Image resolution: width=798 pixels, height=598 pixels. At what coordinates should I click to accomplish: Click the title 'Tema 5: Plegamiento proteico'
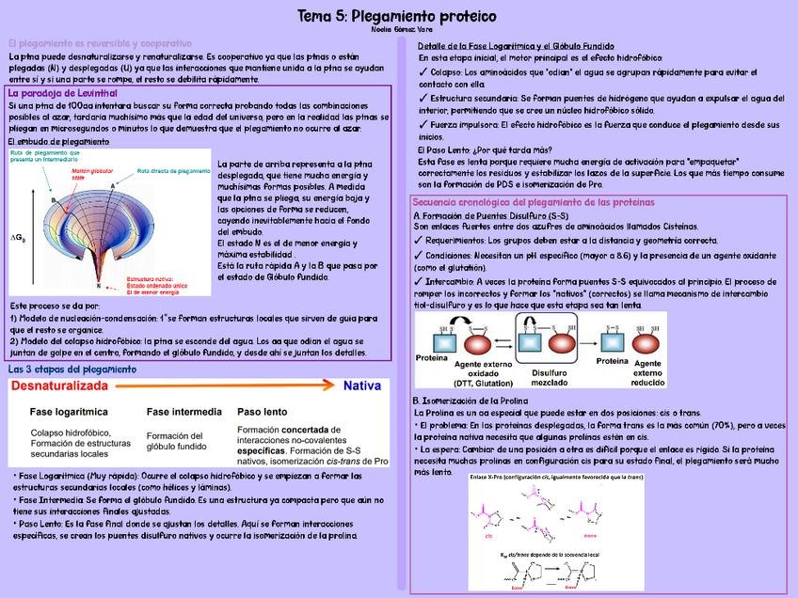[397, 16]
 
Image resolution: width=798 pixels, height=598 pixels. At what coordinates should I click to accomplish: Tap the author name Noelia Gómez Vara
[397, 30]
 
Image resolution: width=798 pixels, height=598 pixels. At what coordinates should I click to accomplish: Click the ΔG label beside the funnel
[18, 237]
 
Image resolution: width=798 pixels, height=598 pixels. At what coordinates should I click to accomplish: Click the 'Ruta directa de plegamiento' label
[174, 171]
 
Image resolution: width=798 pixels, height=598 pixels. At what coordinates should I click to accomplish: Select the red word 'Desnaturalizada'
[59, 386]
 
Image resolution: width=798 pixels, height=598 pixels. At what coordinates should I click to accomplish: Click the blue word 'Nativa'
[361, 386]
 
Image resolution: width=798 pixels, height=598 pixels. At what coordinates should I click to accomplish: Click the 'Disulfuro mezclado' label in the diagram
[550, 378]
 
